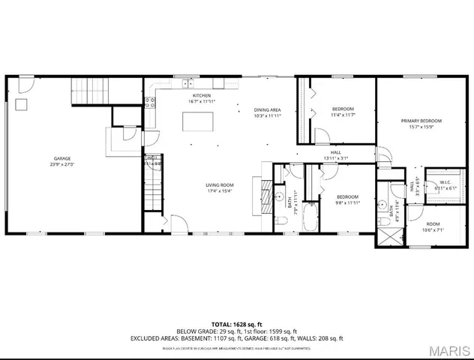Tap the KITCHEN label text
coord(201,96)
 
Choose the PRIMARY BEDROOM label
coord(421,121)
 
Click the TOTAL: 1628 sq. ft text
coord(236,322)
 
